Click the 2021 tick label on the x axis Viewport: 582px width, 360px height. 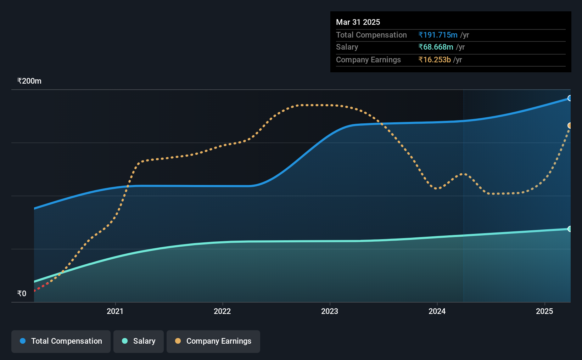tap(115, 311)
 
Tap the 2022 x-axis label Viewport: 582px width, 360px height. tap(222, 311)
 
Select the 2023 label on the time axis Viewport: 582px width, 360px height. tap(330, 311)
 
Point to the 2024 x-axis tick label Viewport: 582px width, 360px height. tap(437, 311)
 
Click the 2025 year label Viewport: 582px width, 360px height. tap(544, 311)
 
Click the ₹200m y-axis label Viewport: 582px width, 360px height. tap(29, 81)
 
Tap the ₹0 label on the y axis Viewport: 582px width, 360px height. tap(22, 293)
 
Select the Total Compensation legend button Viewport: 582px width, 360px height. tap(61, 341)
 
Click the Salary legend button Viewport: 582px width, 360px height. tap(139, 341)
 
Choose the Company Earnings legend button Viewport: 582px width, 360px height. tap(213, 341)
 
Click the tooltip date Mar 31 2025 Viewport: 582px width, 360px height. tap(358, 22)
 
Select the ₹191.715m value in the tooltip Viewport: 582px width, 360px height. tap(438, 35)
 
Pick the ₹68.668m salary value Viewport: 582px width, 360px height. tap(436, 47)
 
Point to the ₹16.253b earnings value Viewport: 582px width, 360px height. tap(435, 60)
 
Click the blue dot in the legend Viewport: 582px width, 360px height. tap(23, 341)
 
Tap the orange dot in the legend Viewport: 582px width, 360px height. tap(178, 341)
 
